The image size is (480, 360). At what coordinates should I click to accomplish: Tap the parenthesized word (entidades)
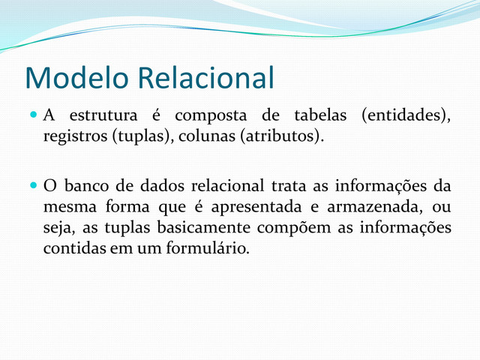click(x=406, y=117)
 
